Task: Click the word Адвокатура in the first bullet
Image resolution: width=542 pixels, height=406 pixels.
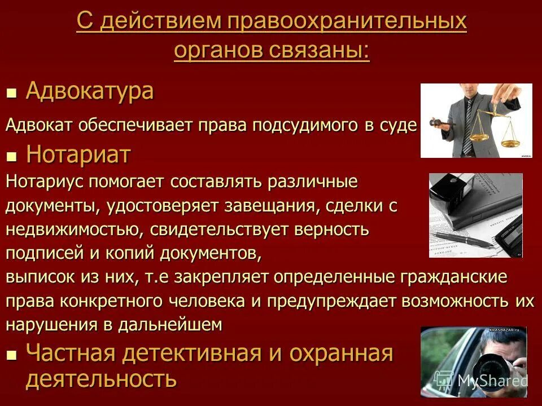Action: click(89, 91)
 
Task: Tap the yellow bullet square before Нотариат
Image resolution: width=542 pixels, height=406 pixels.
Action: click(11, 155)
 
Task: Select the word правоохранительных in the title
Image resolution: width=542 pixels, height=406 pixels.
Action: click(347, 23)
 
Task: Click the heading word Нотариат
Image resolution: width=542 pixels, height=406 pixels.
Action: click(78, 155)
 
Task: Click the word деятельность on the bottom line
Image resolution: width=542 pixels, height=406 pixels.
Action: click(101, 379)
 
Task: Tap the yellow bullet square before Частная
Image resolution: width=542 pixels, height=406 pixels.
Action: click(11, 355)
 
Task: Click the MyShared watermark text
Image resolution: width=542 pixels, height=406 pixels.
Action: click(491, 381)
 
